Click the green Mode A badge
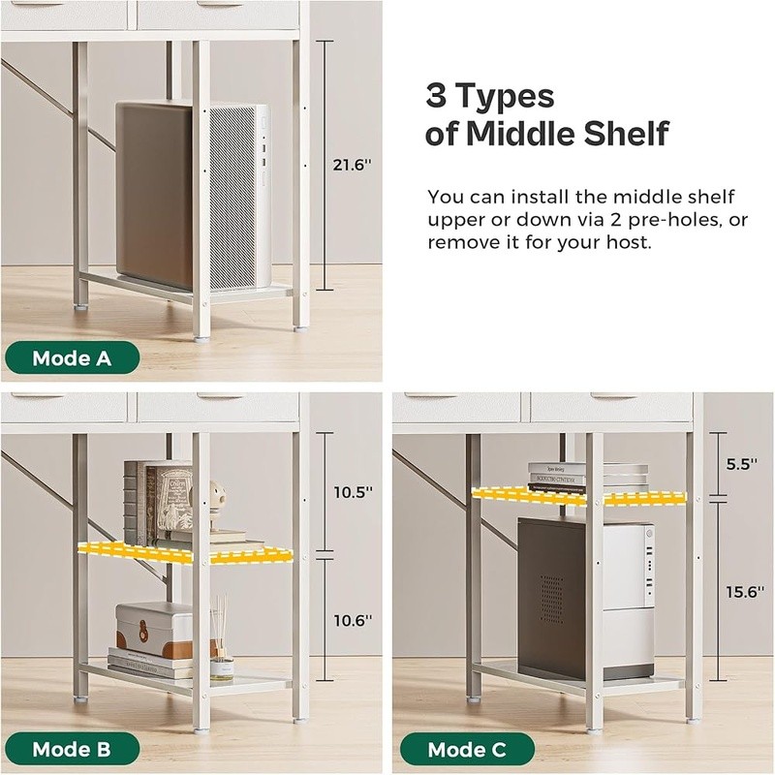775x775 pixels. tap(72, 357)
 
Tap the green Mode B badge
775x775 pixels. tap(72, 749)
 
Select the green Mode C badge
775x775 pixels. tap(468, 749)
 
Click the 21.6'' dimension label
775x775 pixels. tap(352, 165)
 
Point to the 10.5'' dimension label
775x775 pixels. tap(353, 492)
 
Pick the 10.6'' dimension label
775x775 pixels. tap(353, 620)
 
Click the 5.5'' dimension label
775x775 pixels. tap(741, 464)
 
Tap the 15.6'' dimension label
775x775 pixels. tap(745, 592)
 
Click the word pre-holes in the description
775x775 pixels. tap(672, 220)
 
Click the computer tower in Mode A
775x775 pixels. tap(193, 196)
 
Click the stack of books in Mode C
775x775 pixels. tap(587, 476)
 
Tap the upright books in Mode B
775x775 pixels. tap(158, 502)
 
